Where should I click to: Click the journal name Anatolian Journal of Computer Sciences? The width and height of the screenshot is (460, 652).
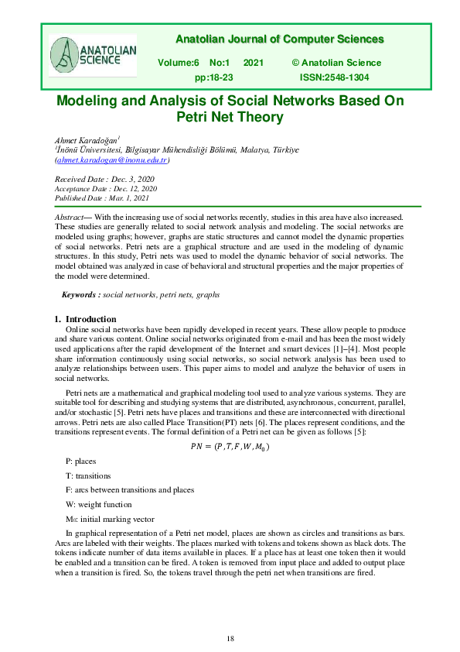pos(279,39)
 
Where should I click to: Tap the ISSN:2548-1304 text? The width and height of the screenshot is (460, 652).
pos(334,78)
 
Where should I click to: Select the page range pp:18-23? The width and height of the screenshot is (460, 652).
pos(214,78)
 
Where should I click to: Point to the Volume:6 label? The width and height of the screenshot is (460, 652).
pos(179,61)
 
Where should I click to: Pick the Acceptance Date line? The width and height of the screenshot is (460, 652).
pos(106,188)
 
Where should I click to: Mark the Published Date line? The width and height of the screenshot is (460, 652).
pos(102,197)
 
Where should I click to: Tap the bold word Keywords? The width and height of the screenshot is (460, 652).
pos(80,295)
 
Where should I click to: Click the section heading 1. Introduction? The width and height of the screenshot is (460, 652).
pos(85,318)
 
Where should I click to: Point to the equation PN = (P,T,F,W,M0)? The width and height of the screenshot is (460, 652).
pos(230,446)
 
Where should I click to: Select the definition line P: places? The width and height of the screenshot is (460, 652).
pos(81,461)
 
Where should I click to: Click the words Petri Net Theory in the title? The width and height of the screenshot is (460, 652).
pos(230,118)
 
